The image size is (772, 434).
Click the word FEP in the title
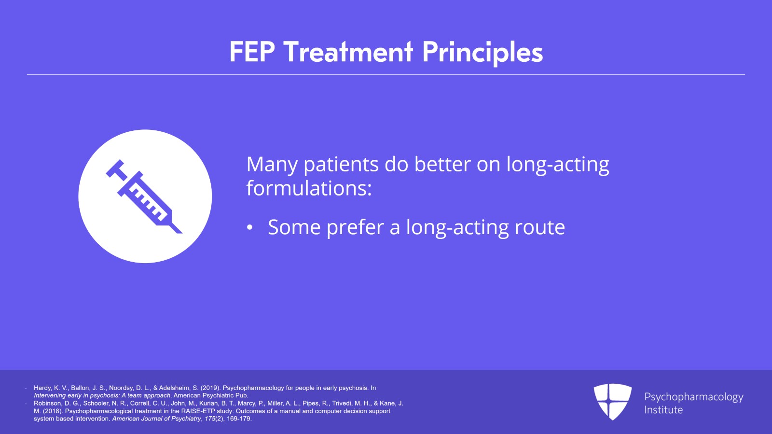pos(252,52)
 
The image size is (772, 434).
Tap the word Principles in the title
pos(482,53)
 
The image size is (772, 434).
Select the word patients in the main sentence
pos(341,165)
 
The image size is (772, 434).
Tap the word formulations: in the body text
pos(309,188)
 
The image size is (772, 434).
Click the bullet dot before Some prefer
pos(249,228)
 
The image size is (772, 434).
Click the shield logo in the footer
pos(612,402)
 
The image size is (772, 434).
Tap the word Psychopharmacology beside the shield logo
pos(693,397)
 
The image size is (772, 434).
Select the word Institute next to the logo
pos(663,410)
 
